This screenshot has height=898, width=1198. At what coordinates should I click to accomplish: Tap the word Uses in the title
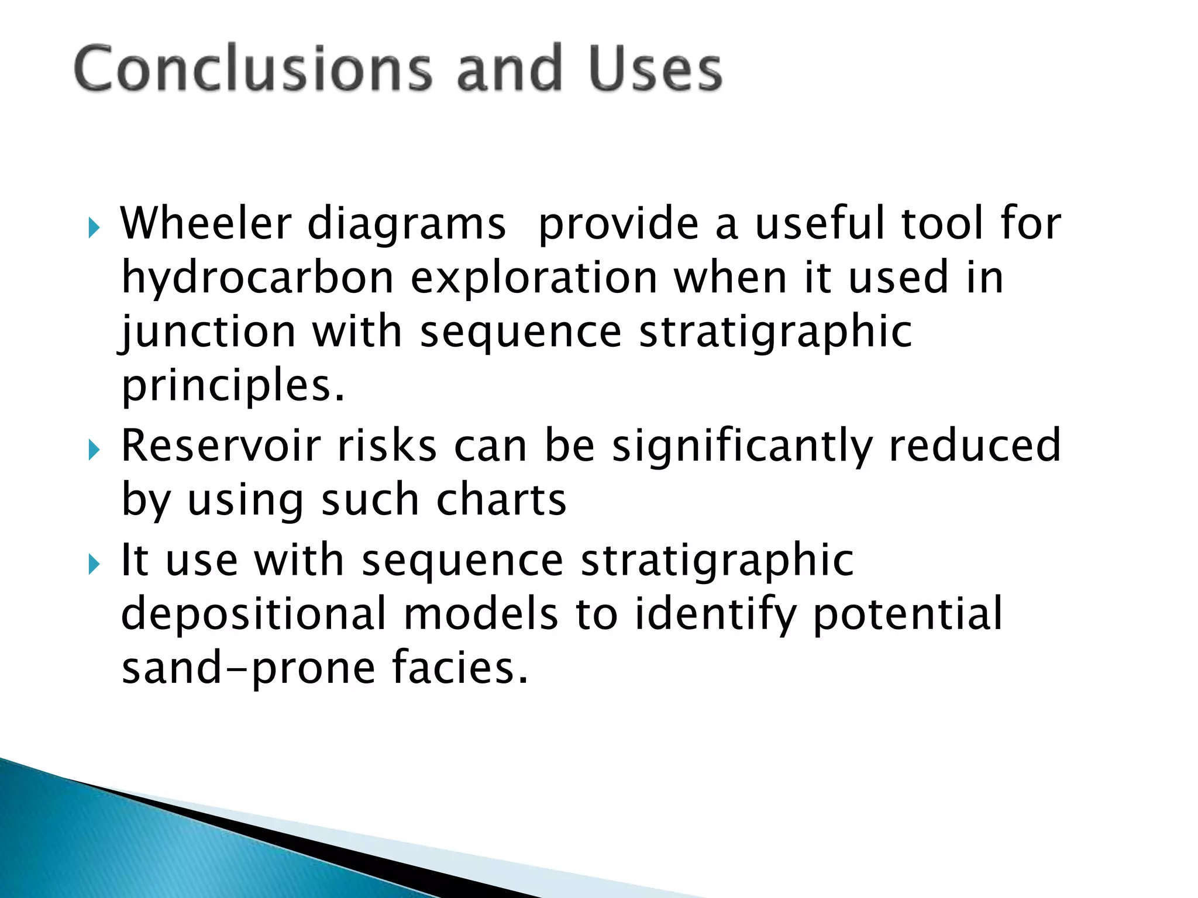655,68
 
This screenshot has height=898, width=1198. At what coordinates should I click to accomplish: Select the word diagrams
406,225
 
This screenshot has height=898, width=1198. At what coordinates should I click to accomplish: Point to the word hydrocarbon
257,278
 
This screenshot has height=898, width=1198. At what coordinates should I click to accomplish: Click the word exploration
533,279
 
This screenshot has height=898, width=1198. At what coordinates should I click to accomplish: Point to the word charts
501,500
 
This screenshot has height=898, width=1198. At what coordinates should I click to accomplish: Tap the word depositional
253,614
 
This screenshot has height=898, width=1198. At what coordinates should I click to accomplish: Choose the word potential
907,614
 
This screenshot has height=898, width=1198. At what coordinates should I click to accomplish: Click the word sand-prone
248,669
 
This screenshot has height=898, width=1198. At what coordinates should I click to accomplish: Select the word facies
460,668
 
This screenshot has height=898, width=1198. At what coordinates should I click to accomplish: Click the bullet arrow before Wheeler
94,227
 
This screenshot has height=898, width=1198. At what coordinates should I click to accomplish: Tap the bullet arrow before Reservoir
94,450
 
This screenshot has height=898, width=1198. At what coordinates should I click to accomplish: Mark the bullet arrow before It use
94,564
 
